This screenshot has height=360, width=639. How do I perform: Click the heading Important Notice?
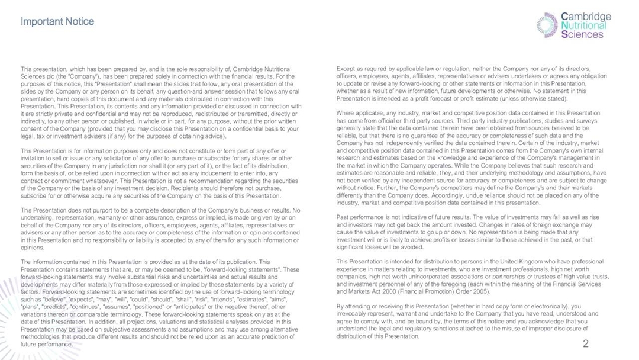57,22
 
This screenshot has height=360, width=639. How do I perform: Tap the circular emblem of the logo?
547,25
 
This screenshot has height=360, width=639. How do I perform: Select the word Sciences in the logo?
582,35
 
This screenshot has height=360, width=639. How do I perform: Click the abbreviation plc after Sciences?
47,76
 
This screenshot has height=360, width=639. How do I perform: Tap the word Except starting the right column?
345,69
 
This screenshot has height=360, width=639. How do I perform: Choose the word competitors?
430,187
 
